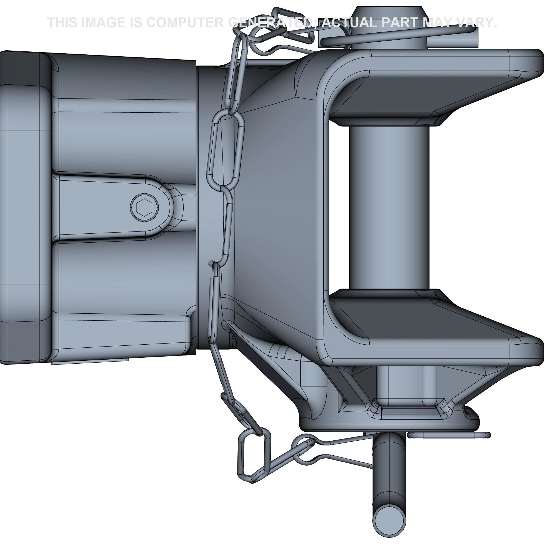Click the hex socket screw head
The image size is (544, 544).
(144, 208)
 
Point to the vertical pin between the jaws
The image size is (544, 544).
(390, 207)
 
